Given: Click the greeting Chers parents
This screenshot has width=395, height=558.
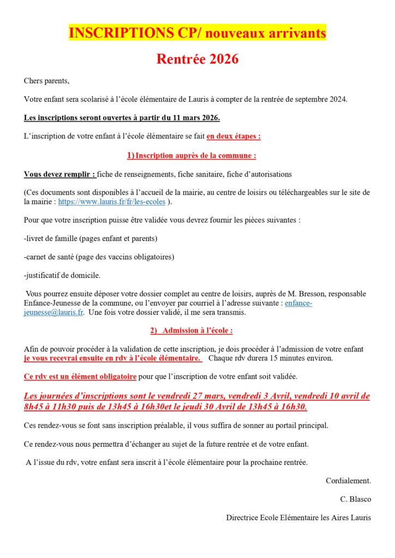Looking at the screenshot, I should (47, 81).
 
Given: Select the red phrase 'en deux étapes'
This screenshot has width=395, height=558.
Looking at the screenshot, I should (233, 136).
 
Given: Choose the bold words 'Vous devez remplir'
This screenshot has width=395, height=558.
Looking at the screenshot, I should (59, 174).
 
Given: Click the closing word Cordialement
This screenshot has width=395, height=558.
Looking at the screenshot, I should (348, 481).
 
